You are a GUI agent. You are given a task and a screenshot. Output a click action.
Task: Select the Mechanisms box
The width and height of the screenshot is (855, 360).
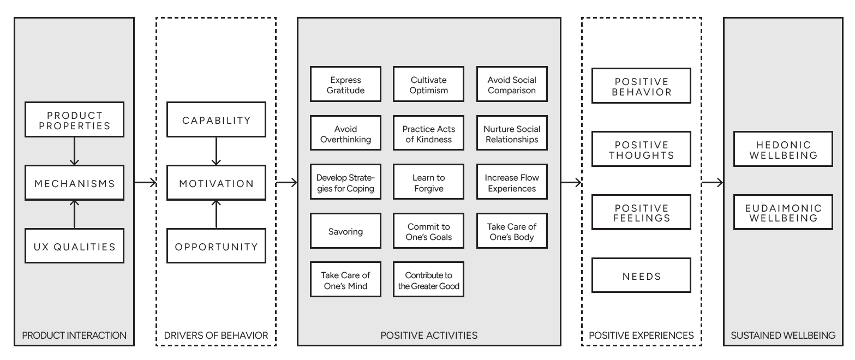point(75,183)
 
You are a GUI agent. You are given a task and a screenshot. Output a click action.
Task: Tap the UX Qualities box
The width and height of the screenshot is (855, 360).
point(75,247)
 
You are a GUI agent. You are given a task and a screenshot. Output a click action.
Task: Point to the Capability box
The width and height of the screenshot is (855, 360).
point(216,119)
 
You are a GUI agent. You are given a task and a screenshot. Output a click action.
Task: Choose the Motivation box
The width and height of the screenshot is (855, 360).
point(216,183)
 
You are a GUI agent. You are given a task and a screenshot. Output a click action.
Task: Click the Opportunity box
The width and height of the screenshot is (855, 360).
point(216,247)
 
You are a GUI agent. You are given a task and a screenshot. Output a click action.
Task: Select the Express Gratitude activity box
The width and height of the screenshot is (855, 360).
point(345,85)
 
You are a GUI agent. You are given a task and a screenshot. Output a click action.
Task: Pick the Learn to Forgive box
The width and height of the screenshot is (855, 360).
point(428,183)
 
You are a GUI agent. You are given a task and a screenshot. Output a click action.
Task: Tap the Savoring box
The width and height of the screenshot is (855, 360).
point(345,231)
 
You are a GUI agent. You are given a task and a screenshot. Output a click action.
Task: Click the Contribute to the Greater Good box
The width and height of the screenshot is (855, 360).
point(428,280)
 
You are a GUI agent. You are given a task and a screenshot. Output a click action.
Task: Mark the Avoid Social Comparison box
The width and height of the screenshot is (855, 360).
point(512,85)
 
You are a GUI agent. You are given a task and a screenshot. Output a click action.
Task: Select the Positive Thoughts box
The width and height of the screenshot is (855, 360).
point(641,149)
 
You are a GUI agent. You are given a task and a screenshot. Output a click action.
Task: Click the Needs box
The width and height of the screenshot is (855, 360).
point(641,275)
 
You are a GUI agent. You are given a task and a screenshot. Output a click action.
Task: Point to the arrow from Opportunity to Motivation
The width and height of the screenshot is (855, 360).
point(216,214)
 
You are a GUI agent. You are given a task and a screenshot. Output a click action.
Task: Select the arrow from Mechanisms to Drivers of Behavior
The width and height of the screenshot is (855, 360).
point(145,183)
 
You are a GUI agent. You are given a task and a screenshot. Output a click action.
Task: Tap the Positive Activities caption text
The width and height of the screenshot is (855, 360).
point(428,335)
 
